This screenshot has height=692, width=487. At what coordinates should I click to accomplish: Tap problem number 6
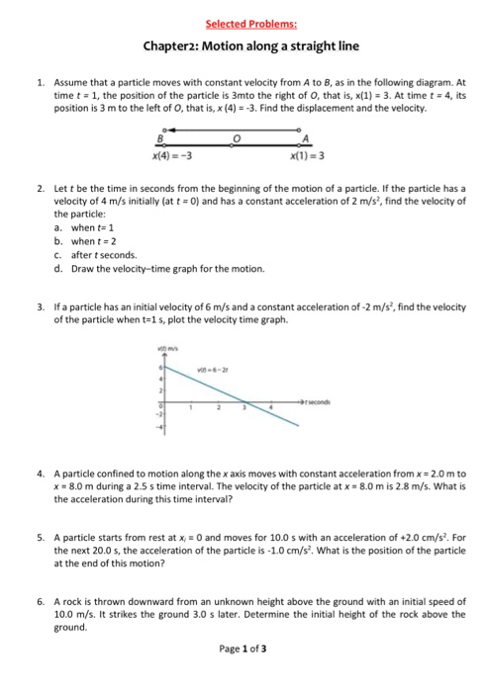click(x=38, y=600)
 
